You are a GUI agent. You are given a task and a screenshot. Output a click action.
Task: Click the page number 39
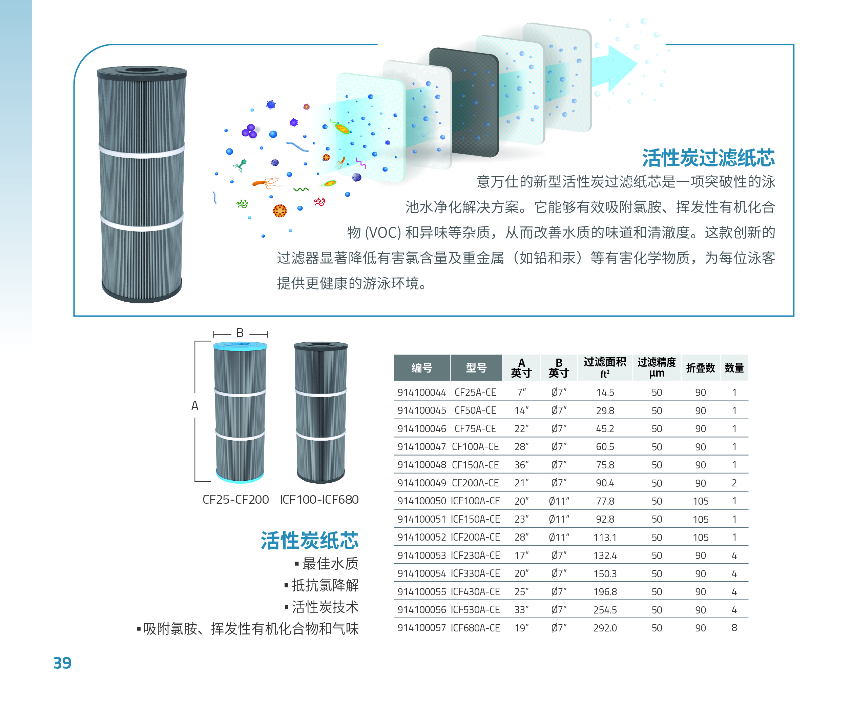[x=62, y=662]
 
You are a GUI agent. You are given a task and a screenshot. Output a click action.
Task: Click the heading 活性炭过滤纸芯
[x=708, y=158]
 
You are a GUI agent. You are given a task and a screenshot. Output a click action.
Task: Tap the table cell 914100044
[x=421, y=392]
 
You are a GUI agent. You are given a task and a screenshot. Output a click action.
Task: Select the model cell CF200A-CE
[x=475, y=483]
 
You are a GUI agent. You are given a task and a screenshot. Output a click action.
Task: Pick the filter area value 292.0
[x=605, y=628]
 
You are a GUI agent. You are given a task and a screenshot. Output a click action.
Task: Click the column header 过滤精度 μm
[x=657, y=367]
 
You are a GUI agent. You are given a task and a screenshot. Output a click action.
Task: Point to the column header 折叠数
[x=700, y=368]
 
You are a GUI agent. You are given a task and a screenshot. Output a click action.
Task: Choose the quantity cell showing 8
[x=734, y=628]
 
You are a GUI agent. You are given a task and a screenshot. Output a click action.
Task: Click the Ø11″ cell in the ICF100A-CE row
[x=559, y=501]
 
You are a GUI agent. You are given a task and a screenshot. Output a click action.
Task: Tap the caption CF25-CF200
[x=235, y=500]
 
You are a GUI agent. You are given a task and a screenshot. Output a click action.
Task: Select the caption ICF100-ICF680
[x=319, y=500]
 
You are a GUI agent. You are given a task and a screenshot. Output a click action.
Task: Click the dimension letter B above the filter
[x=240, y=333]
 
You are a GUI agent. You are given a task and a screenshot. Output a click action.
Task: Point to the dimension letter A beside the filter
[x=195, y=406]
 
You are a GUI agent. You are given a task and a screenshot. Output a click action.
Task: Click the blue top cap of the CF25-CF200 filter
[x=240, y=346]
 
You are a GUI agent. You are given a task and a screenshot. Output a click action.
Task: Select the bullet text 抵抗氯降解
[x=325, y=585]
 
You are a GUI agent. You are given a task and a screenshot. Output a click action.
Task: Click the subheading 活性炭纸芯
[x=310, y=541]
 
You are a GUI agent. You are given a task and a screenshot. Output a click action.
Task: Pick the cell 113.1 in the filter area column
[x=605, y=537]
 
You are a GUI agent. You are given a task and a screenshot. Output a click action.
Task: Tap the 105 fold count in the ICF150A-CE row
[x=700, y=520]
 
